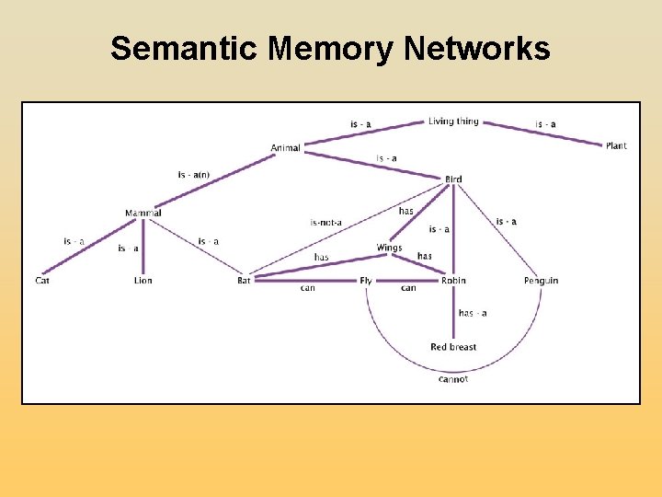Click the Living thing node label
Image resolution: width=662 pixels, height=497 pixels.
click(453, 121)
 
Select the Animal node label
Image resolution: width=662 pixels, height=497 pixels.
click(285, 148)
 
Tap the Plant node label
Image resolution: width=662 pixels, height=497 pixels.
click(616, 145)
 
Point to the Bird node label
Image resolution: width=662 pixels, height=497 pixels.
click(453, 179)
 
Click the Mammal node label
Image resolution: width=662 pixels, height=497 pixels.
click(143, 214)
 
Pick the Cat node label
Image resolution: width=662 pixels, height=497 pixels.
click(42, 280)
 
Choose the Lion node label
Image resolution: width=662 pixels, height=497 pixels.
click(143, 280)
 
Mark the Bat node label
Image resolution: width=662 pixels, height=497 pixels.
click(244, 280)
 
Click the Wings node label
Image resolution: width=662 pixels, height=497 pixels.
click(389, 248)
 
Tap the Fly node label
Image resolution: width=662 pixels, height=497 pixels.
click(366, 280)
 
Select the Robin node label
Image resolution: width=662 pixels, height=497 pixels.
click(453, 280)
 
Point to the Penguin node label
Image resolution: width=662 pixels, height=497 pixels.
click(541, 280)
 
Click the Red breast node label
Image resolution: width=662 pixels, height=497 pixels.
click(453, 347)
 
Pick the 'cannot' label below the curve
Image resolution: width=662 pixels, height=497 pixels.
click(453, 379)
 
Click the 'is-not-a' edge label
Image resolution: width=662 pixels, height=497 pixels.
click(326, 222)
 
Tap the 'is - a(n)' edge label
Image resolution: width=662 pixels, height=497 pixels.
click(194, 175)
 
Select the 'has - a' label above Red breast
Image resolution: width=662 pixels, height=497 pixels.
click(473, 313)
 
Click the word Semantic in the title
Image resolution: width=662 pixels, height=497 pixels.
click(185, 49)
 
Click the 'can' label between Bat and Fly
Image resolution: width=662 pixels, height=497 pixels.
click(308, 288)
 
